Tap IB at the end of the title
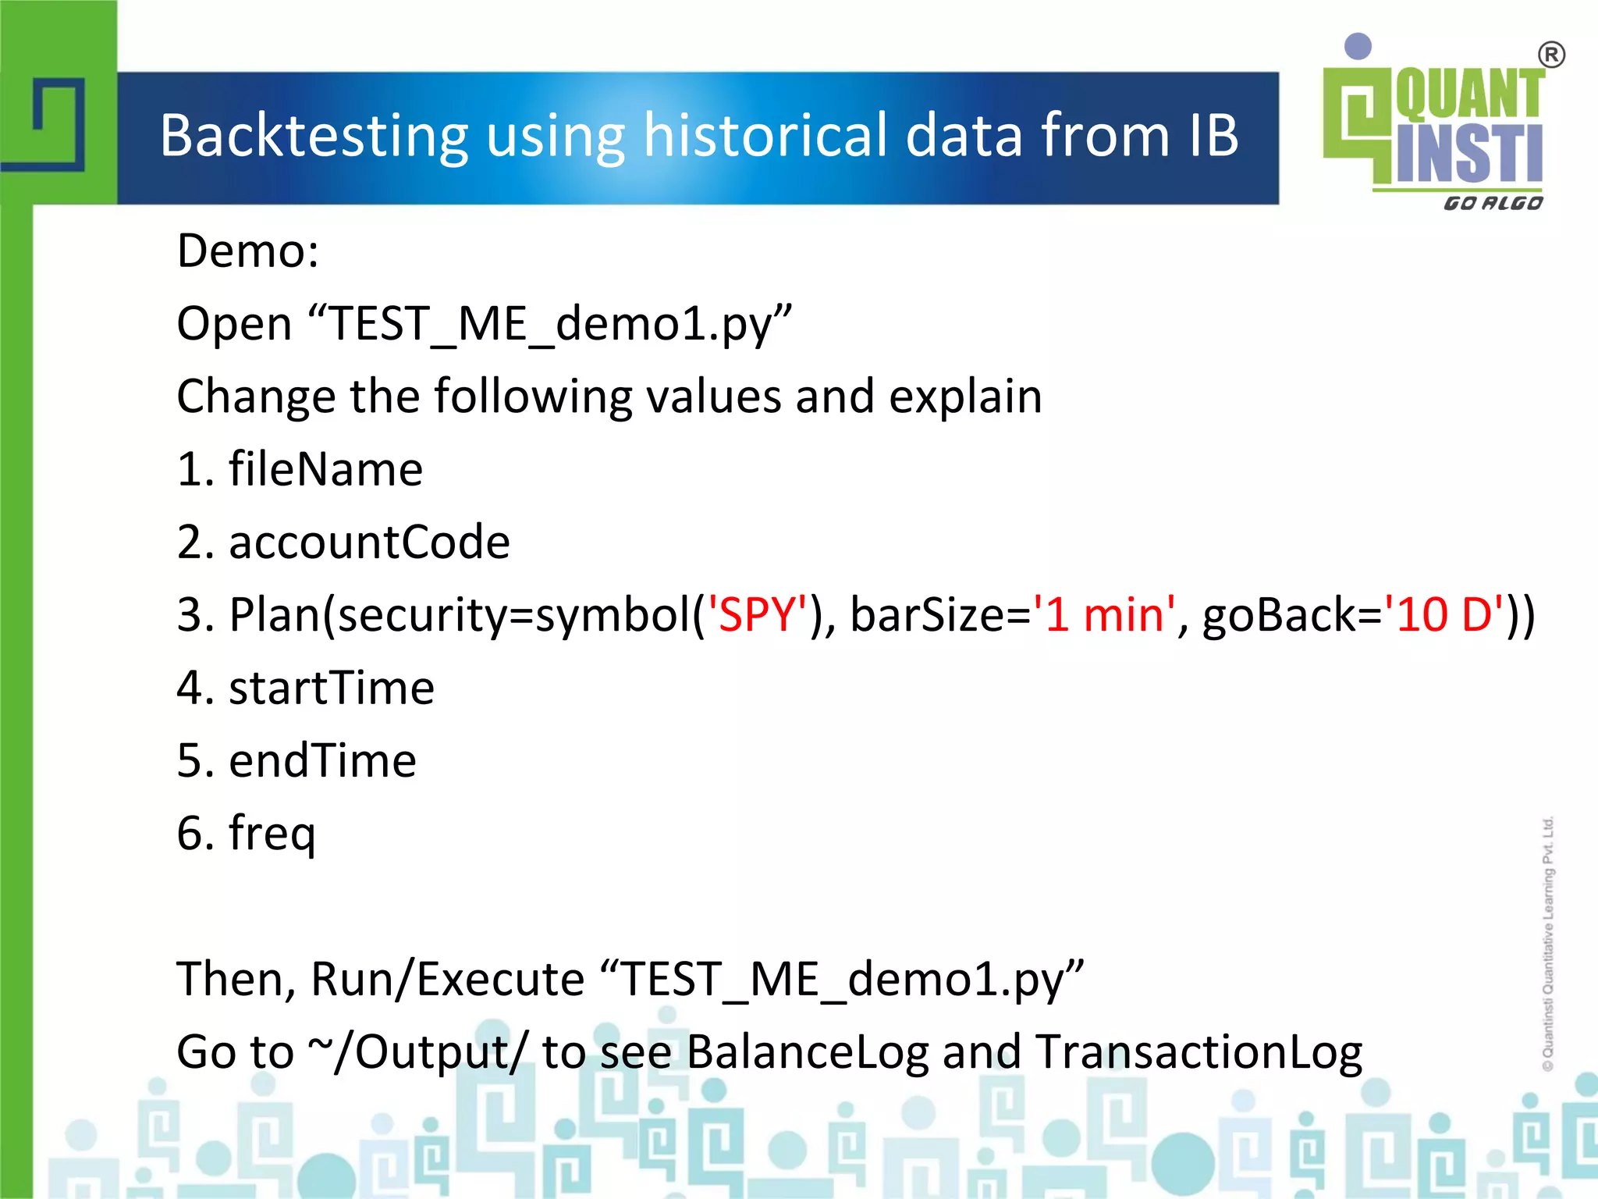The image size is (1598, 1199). (1213, 136)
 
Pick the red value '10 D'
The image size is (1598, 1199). (1443, 614)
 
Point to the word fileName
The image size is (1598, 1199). (325, 469)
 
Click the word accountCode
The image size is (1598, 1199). (369, 542)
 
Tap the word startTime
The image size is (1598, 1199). (332, 688)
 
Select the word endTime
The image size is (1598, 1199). (322, 760)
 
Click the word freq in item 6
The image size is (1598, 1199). (272, 834)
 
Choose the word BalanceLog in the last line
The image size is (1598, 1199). (808, 1051)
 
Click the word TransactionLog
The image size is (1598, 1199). (1199, 1051)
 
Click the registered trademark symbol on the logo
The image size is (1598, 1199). (1551, 55)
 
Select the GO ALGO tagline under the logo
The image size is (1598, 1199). (1493, 203)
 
